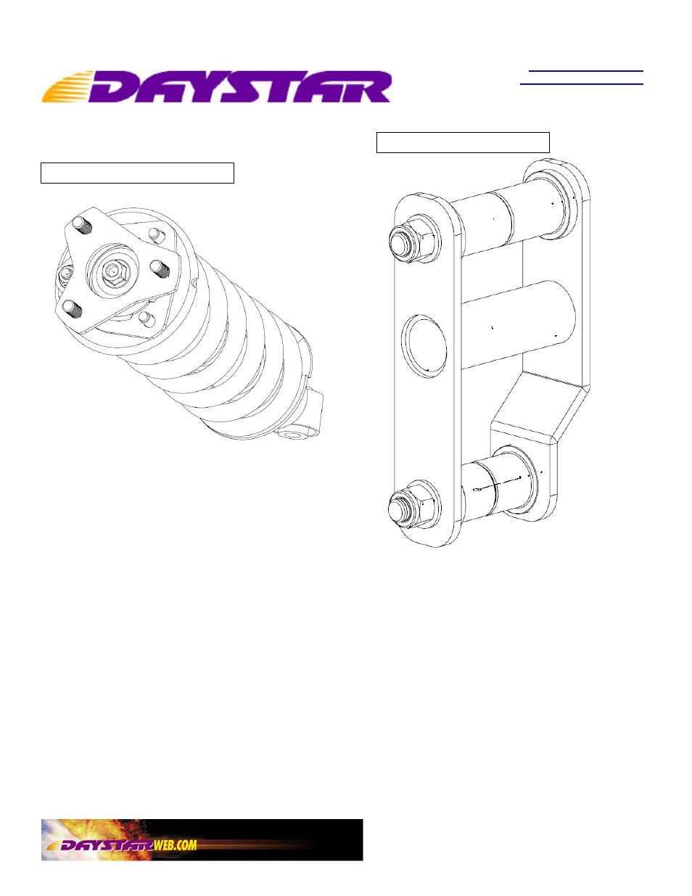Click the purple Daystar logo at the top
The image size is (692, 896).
pos(216,86)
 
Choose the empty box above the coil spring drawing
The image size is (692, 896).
pos(137,173)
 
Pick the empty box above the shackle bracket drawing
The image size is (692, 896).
pos(463,142)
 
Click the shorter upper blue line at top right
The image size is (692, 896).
pos(585,71)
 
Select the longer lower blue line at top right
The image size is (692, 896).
pos(582,84)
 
